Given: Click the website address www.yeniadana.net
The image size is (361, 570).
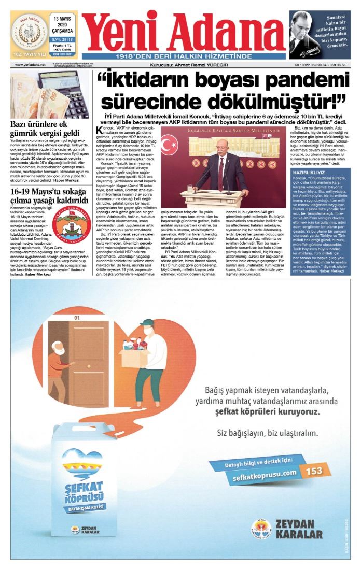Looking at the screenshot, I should (x=30, y=65).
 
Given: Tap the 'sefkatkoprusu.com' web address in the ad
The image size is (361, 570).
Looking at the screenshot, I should (x=265, y=473).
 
